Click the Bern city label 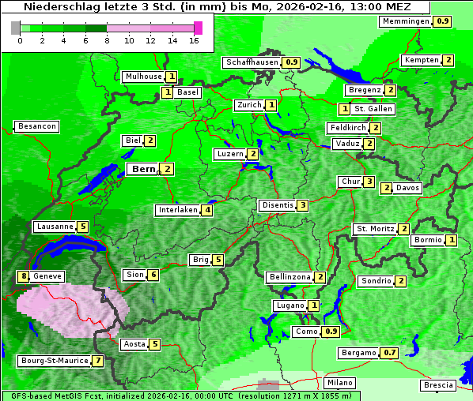143,169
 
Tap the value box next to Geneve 24,276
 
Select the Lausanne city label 55,227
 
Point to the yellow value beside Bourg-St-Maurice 97,361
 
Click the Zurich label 249,105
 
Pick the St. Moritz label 375,229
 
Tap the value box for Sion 153,275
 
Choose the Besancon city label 36,126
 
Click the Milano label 340,383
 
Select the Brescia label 438,385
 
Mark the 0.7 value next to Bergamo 389,353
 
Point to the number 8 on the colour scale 107,40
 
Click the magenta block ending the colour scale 198,28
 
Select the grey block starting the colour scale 15,28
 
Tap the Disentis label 277,205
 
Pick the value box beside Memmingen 443,21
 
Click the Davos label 408,188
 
